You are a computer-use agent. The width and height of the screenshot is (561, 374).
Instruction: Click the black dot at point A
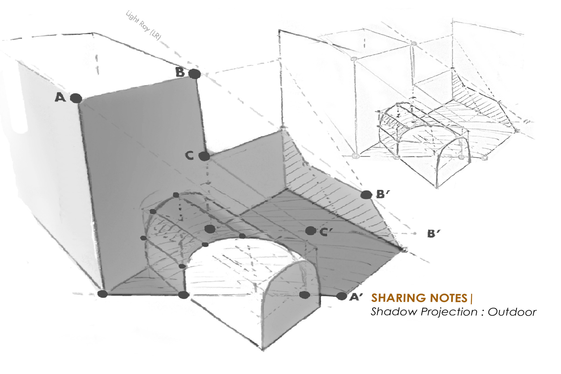pyautogui.click(x=76, y=98)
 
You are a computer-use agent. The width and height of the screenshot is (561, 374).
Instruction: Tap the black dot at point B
pyautogui.click(x=194, y=74)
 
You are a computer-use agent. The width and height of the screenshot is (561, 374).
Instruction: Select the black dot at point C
pyautogui.click(x=204, y=156)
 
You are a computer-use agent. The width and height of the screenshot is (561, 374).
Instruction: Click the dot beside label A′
pyautogui.click(x=341, y=296)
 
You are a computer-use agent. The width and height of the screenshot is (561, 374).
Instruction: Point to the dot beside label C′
pyautogui.click(x=310, y=231)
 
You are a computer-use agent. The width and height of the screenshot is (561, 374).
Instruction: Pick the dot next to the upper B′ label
pyautogui.click(x=366, y=195)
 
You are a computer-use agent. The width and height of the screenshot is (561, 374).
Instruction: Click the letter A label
pyautogui.click(x=60, y=97)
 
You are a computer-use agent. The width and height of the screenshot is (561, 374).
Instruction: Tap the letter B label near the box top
pyautogui.click(x=180, y=72)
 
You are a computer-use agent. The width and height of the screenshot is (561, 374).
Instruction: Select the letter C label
pyautogui.click(x=190, y=156)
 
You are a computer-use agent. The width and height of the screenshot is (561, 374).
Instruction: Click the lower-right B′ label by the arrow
pyautogui.click(x=433, y=234)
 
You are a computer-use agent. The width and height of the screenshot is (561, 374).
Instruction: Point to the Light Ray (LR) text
pyautogui.click(x=143, y=26)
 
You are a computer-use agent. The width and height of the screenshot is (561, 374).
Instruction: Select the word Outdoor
pyautogui.click(x=512, y=312)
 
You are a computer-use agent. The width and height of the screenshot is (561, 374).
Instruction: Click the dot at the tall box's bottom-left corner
pyautogui.click(x=103, y=294)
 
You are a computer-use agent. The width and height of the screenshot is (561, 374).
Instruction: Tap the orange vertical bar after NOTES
pyautogui.click(x=471, y=298)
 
